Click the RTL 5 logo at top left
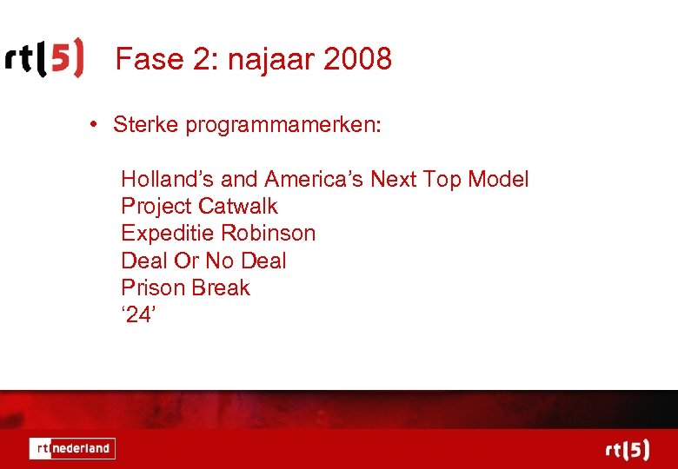[x=45, y=59]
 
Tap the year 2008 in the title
[x=357, y=59]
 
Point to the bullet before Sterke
[x=93, y=124]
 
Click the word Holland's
[x=167, y=180]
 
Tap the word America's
[x=314, y=180]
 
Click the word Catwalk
[x=238, y=207]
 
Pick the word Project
[x=156, y=208]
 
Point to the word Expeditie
[x=168, y=234]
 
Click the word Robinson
[x=269, y=234]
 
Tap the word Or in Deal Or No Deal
[x=183, y=261]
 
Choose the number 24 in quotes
[x=138, y=314]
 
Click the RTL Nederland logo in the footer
[x=72, y=448]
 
